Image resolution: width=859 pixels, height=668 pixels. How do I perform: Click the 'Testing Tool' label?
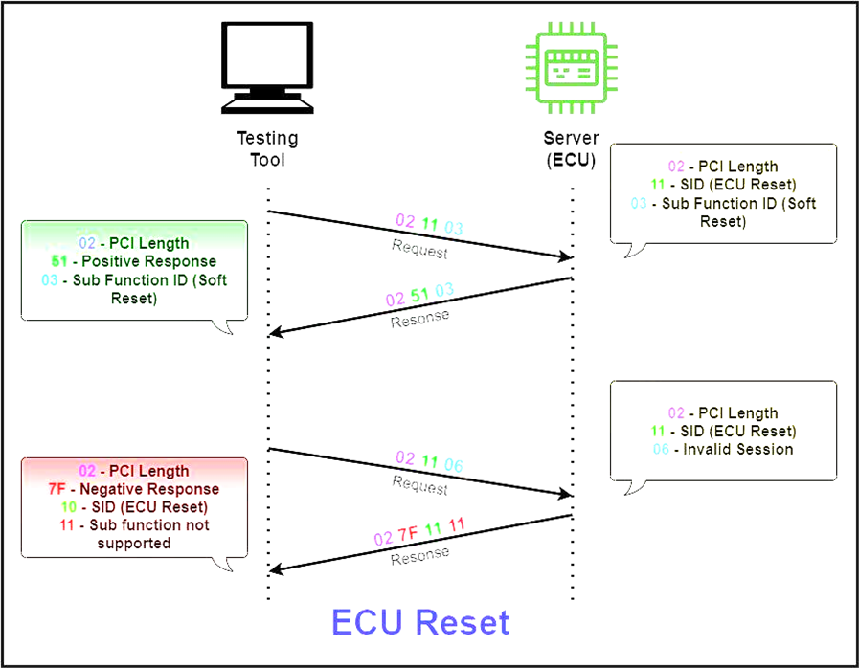point(268,149)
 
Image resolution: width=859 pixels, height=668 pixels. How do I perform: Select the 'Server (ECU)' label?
point(572,149)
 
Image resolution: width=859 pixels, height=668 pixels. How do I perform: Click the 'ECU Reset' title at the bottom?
point(420,622)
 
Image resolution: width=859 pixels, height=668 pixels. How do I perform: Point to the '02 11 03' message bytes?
point(429,225)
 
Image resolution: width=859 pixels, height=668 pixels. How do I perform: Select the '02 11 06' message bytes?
point(429,462)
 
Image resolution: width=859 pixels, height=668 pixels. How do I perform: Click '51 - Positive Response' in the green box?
point(134,261)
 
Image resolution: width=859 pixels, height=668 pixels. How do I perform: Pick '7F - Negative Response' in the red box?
point(134,488)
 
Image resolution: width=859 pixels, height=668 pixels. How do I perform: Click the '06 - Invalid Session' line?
point(724,449)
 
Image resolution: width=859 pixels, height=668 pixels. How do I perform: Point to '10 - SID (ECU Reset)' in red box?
point(134,506)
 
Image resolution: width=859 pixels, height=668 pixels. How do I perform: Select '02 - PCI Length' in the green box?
point(134,243)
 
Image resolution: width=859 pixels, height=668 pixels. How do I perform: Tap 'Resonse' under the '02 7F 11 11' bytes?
point(419,556)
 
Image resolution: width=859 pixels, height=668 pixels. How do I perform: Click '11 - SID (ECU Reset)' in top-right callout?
point(724,185)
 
